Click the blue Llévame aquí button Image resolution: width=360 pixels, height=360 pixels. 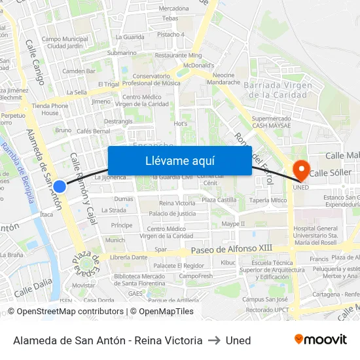(x=179, y=160)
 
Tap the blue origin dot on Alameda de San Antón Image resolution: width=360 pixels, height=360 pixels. (x=60, y=187)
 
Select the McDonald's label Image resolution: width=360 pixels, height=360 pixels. (x=199, y=65)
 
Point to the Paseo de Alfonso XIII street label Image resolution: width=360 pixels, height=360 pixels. (x=231, y=250)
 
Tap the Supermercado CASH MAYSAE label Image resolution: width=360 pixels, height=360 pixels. (x=271, y=122)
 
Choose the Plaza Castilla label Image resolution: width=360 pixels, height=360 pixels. (x=219, y=200)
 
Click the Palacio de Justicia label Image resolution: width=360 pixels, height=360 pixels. (x=172, y=213)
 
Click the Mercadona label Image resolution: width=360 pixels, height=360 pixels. (x=173, y=9)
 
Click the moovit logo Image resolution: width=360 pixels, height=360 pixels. (x=321, y=340)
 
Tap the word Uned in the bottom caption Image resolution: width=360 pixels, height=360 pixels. (x=238, y=340)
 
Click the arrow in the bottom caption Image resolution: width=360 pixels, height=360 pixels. (x=214, y=340)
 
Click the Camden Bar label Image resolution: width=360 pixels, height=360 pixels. (x=79, y=71)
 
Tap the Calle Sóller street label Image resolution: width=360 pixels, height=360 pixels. (x=331, y=173)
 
